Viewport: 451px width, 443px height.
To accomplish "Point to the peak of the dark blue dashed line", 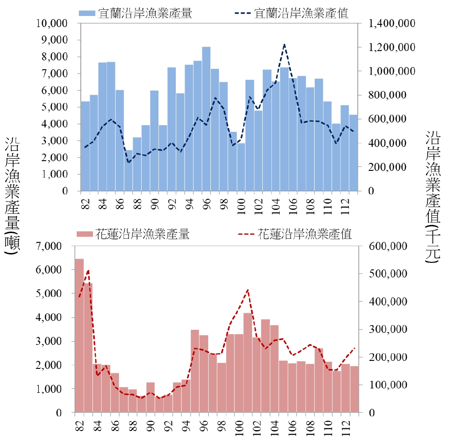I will (284, 44).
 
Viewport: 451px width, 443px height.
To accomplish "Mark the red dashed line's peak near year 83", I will (88, 270).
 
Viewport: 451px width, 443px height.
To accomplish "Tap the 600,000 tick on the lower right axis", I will (389, 246).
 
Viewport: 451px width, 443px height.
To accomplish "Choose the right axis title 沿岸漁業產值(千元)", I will (432, 198).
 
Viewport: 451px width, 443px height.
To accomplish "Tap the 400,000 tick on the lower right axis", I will (389, 302).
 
